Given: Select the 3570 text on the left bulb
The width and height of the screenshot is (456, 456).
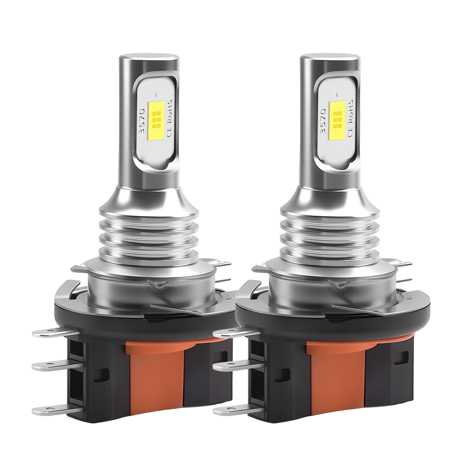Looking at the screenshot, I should click(142, 120).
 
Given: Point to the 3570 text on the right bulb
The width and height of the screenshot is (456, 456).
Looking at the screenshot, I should click(323, 120).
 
